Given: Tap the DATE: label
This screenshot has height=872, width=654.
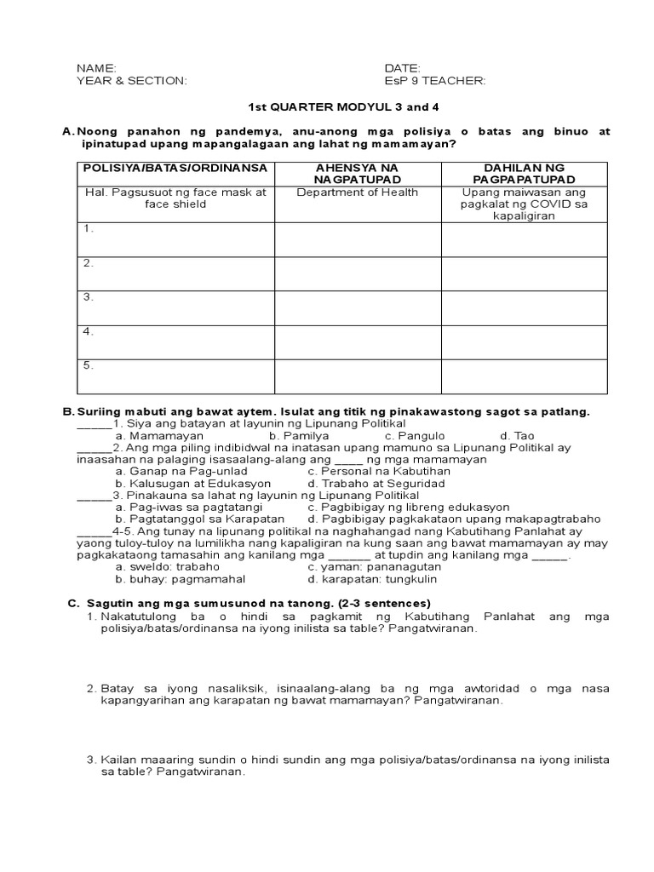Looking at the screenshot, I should [403, 67].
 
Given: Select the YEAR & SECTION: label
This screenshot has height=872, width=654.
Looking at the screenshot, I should [131, 80].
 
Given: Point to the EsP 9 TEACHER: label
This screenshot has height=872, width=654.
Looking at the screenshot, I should [435, 80].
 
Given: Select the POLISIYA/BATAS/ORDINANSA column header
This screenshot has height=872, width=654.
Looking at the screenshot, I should [175, 168].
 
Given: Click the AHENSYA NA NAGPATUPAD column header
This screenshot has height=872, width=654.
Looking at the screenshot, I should [357, 174].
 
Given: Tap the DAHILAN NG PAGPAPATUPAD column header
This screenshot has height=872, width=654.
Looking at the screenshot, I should [525, 174].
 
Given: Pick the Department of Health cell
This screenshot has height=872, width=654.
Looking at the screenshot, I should [357, 192].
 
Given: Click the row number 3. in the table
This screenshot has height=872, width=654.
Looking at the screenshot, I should [88, 297].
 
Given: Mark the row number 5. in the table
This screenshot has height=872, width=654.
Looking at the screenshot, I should [88, 365].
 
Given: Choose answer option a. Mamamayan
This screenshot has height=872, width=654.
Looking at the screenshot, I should [159, 435].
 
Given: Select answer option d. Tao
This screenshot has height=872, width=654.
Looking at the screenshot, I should [518, 435].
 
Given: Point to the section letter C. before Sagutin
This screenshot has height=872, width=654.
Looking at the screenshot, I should [72, 603].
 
